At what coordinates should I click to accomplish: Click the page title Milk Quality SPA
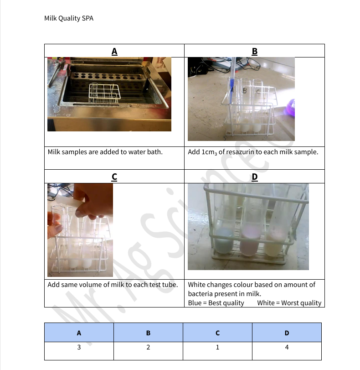tap(69, 19)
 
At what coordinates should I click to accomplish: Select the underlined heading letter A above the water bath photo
tap(114, 51)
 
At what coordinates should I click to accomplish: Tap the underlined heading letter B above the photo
tap(254, 51)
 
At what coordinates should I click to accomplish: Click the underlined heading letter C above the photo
tap(114, 177)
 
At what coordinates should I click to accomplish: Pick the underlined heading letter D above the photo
tap(254, 177)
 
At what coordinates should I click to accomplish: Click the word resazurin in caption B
tap(237, 152)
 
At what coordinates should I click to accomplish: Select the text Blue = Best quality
tap(216, 303)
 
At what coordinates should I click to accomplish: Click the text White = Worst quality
tap(289, 303)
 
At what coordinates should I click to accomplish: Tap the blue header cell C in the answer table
tap(217, 333)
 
